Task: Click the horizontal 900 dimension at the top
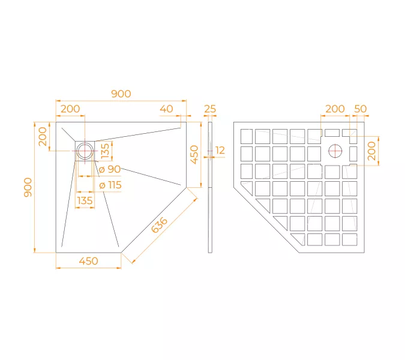[x=121, y=94]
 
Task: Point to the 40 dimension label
[x=166, y=109]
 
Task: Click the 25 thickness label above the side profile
[x=210, y=109]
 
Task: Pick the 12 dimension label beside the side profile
[x=220, y=151]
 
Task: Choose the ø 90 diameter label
[x=110, y=169]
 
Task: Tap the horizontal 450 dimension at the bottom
[x=88, y=261]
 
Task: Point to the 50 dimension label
[x=361, y=109]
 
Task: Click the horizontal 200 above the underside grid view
[x=335, y=109]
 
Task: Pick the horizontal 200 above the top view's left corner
[x=70, y=109]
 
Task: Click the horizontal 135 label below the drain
[x=85, y=200]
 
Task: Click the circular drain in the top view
[x=85, y=151]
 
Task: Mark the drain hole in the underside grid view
[x=335, y=150]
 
